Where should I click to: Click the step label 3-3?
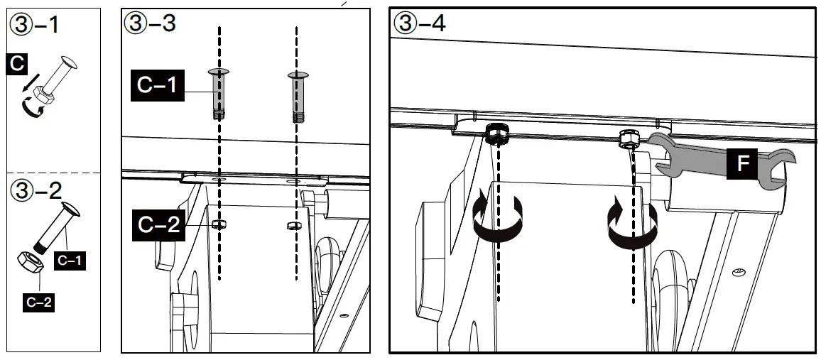coord(150,23)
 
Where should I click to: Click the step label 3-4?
coord(419,23)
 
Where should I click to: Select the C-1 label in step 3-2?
coord(71,261)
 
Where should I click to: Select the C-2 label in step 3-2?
coord(39,302)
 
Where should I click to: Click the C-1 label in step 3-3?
coord(157,87)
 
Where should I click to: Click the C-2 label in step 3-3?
coord(157,227)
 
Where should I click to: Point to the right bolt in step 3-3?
coord(296,96)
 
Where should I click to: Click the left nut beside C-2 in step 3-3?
coord(219,225)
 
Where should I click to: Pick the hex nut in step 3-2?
coord(31,263)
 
